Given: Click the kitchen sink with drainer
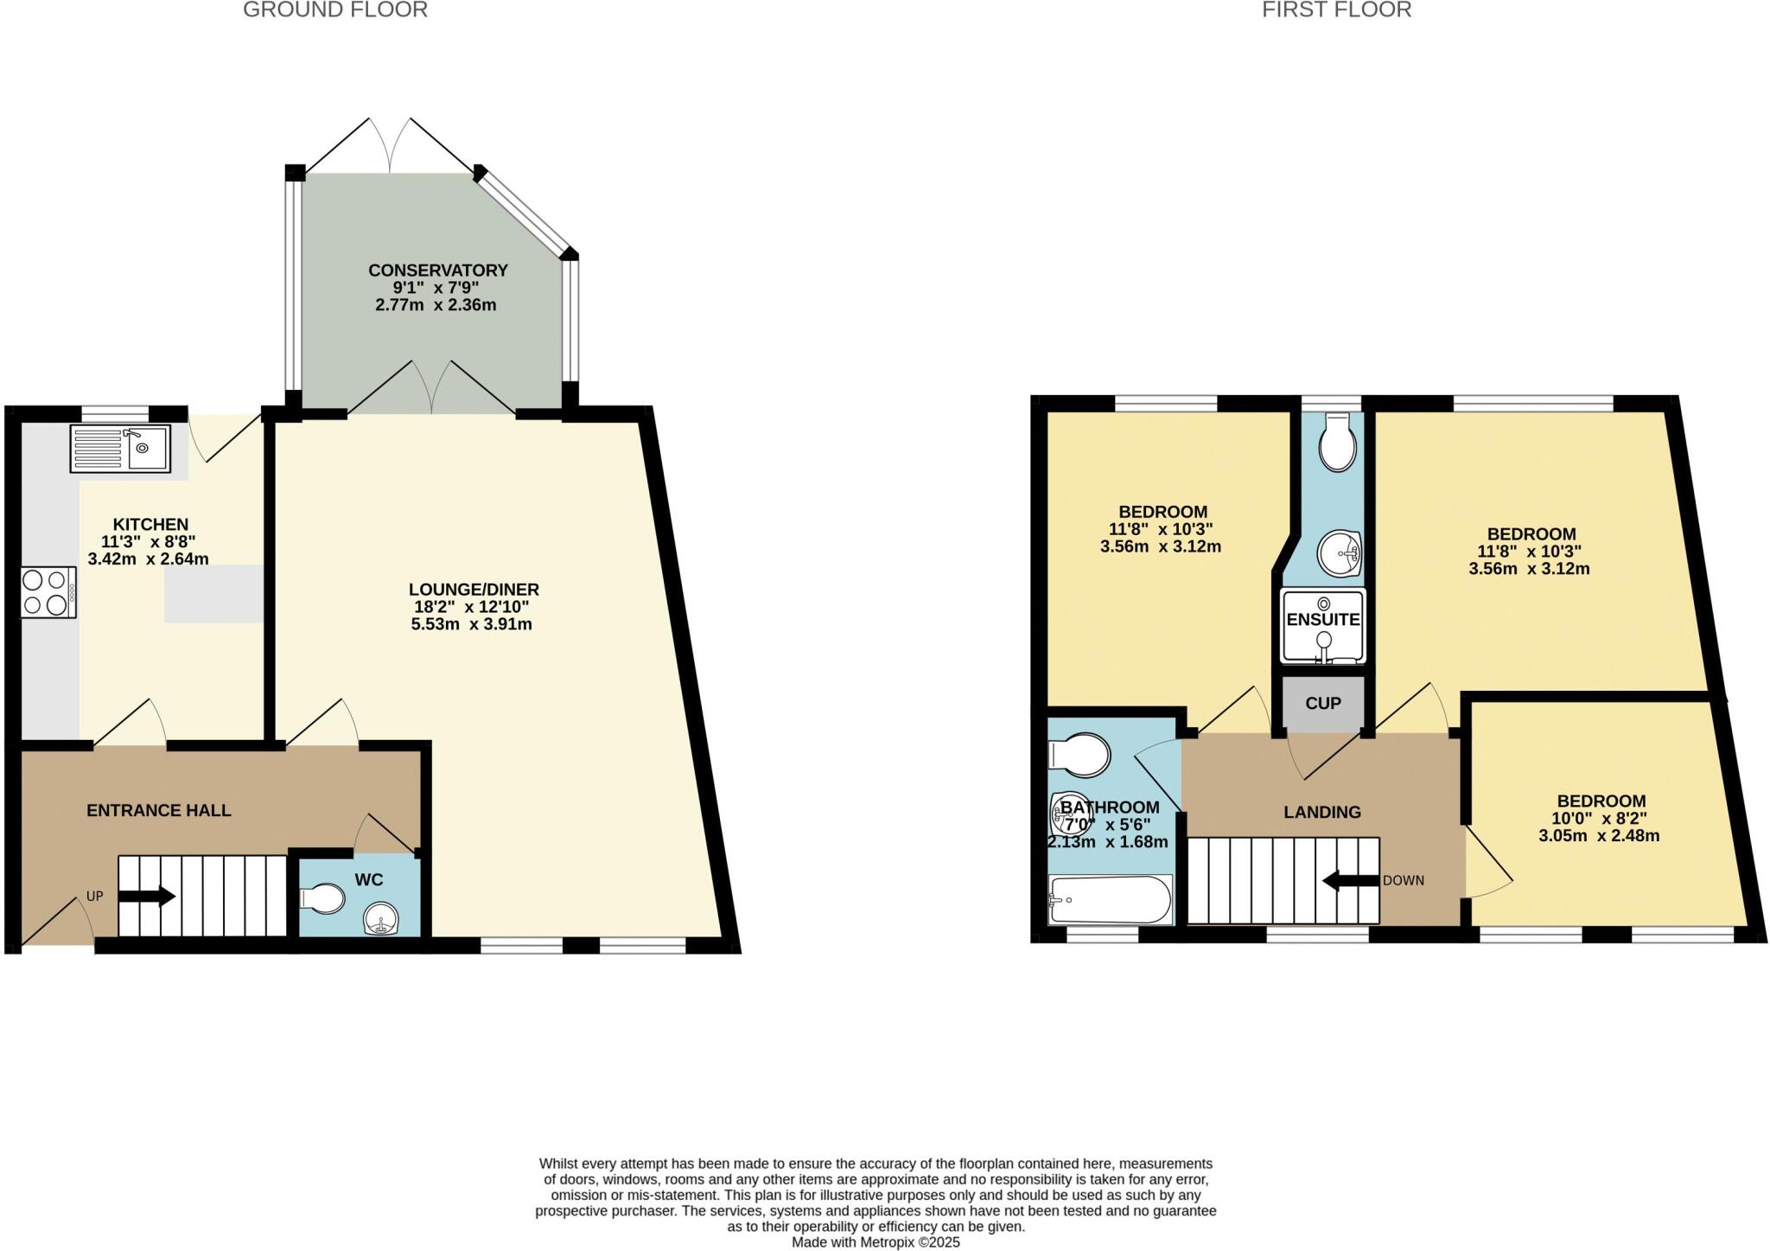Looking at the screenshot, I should click(x=120, y=448).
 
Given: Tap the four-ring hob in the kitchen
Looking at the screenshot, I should click(x=48, y=591).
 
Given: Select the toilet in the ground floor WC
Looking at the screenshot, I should click(x=322, y=898).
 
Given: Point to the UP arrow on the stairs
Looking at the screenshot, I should click(x=147, y=897).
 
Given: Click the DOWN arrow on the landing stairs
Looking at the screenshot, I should click(x=1350, y=881).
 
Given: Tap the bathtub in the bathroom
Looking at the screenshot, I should click(x=1111, y=899).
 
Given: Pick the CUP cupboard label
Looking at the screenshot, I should click(x=1323, y=703).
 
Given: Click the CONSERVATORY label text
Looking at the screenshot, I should click(x=437, y=270).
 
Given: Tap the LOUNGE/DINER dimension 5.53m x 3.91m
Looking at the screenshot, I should click(x=472, y=624).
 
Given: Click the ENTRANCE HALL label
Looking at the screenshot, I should click(x=159, y=810).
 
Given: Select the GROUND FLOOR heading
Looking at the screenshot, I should click(x=335, y=10).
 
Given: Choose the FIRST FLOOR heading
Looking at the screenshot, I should click(x=1336, y=10).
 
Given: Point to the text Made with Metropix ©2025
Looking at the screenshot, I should click(x=875, y=1242).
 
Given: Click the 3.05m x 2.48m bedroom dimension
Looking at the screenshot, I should click(x=1599, y=836).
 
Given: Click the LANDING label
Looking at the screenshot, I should click(x=1322, y=812).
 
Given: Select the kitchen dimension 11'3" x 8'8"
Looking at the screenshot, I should click(x=149, y=542).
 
